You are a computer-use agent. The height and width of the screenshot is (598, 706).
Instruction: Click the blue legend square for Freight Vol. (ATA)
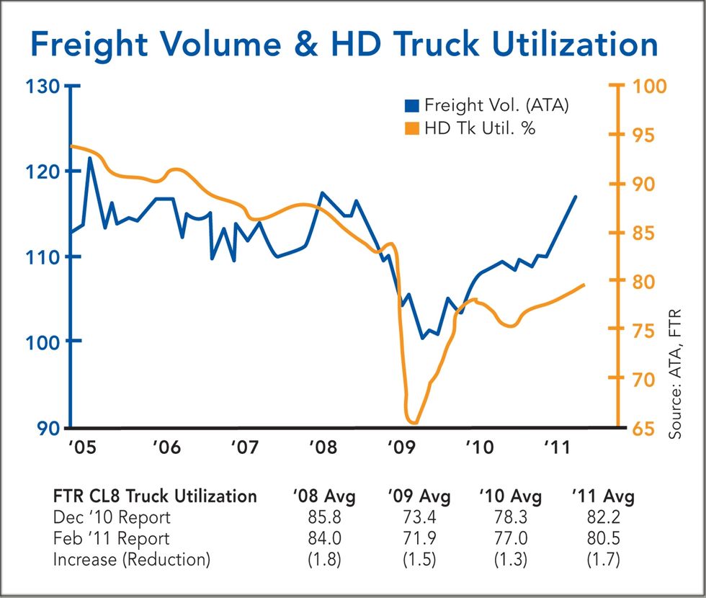(411, 106)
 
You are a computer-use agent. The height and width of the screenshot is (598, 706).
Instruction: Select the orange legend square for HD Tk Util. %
(411, 128)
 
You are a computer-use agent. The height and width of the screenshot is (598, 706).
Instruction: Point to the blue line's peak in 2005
(90, 158)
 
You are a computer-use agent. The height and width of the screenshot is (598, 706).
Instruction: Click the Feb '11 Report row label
(112, 538)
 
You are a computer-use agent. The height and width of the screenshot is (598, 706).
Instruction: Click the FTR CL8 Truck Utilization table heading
(155, 497)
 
